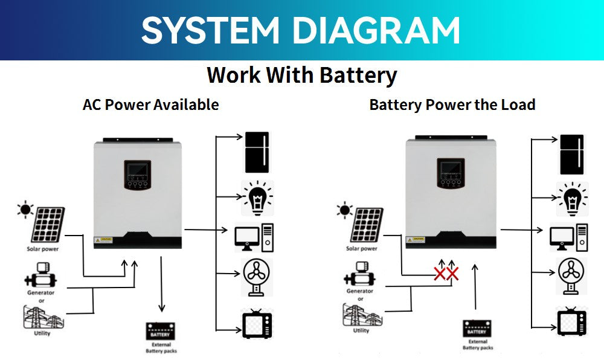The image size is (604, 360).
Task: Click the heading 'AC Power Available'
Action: point(150,104)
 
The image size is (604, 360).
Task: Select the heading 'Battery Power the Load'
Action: point(452,104)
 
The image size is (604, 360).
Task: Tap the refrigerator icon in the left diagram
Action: point(257,152)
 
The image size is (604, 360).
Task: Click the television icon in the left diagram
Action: point(257,323)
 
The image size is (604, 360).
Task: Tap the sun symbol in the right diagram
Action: point(345,210)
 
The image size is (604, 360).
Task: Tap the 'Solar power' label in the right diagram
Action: point(361,248)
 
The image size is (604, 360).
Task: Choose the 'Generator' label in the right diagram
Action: point(360,291)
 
